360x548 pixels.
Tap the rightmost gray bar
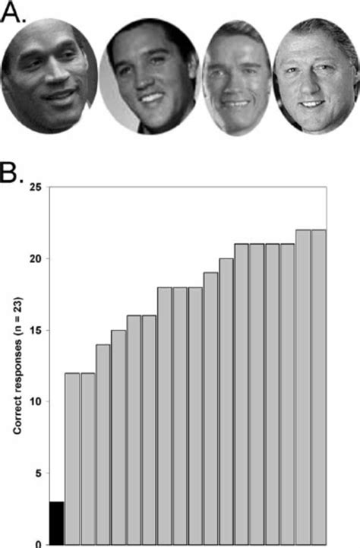318,387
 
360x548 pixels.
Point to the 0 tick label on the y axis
37,543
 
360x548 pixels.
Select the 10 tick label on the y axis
34,401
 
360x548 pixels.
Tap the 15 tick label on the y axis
34,330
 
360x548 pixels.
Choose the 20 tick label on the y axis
34,258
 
